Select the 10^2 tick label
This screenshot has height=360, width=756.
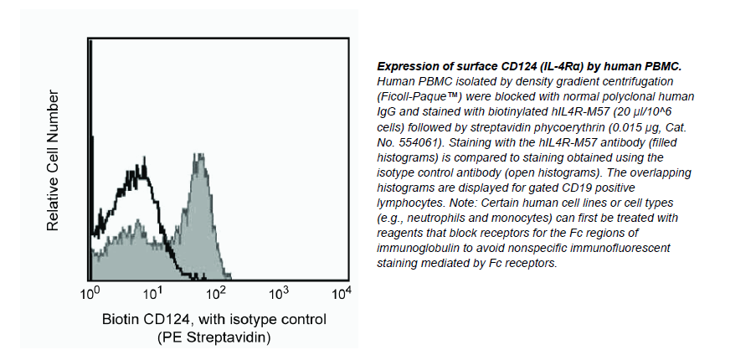tap(216, 294)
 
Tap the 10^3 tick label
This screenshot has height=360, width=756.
tap(279, 294)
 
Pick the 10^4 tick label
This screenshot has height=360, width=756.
tap(342, 294)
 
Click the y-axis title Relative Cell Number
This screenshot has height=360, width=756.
tap(54, 161)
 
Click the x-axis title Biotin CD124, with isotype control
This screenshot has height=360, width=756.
tap(213, 320)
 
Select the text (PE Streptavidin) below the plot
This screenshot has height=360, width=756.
tap(213, 337)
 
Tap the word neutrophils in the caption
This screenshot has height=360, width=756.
tap(435, 217)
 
